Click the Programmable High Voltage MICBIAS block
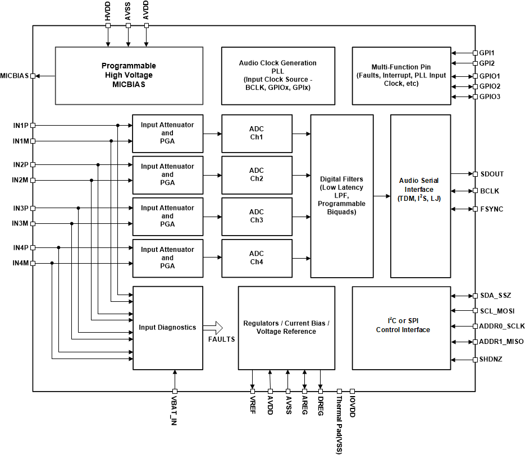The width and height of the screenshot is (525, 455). click(x=129, y=75)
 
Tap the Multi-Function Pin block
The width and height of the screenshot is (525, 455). click(x=401, y=75)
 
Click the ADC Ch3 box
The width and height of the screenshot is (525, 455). click(x=257, y=216)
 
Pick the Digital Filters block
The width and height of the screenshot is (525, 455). click(x=341, y=196)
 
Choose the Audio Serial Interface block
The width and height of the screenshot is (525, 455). click(x=420, y=196)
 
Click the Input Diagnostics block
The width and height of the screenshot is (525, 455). click(x=167, y=328)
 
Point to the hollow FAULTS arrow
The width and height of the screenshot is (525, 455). click(x=213, y=328)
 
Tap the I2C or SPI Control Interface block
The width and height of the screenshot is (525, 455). click(x=401, y=328)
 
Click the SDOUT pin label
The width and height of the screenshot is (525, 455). click(x=492, y=174)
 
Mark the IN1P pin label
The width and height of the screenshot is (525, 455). click(x=21, y=125)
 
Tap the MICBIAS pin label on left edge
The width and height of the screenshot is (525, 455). click(x=15, y=76)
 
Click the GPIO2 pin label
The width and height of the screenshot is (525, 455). click(x=490, y=86)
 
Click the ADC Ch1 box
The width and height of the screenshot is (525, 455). click(x=257, y=134)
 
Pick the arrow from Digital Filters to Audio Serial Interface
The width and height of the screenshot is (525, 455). click(x=382, y=196)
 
